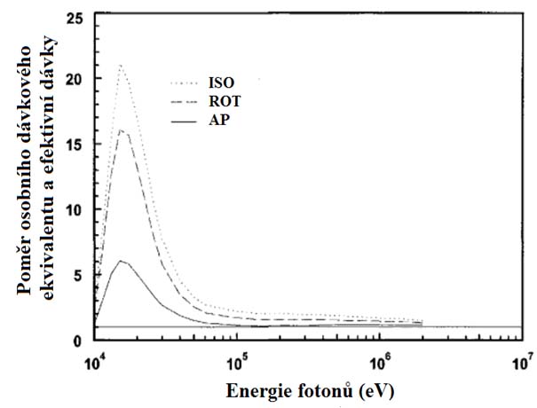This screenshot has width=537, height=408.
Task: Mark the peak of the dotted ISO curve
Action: (x=120, y=65)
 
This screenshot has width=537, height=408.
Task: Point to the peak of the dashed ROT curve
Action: (x=122, y=131)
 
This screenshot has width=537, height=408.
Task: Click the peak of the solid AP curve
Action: (x=122, y=261)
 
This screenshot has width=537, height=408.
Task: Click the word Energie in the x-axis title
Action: (x=255, y=390)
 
